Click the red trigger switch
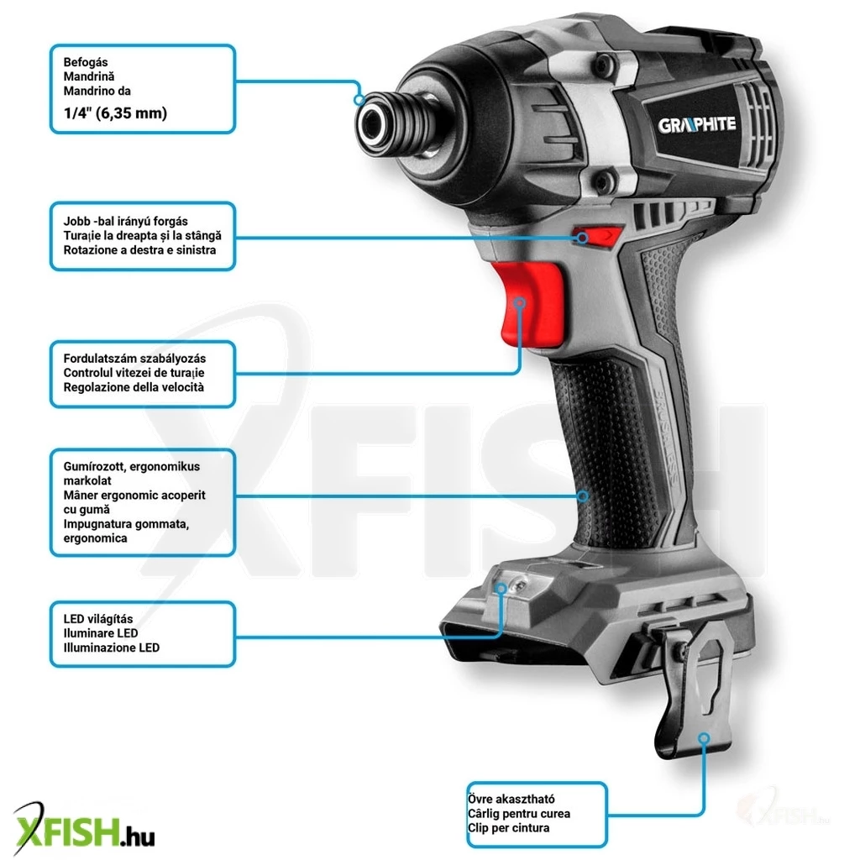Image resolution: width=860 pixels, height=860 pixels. (x=529, y=304)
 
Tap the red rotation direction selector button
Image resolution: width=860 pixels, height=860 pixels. (x=598, y=236)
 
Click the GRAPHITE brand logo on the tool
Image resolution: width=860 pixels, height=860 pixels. (x=696, y=124)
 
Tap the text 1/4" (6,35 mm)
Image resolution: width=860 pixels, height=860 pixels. (x=115, y=113)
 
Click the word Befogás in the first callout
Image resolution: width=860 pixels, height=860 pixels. (x=86, y=62)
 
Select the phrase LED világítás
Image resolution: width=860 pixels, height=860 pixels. (x=98, y=619)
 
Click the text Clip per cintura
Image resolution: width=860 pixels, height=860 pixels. (x=508, y=827)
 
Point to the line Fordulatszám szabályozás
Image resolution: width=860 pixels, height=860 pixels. (x=135, y=358)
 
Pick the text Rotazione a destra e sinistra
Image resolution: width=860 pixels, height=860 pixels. (x=140, y=250)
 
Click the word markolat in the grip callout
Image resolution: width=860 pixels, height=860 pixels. (x=87, y=480)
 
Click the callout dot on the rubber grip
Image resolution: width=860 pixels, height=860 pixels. (x=583, y=496)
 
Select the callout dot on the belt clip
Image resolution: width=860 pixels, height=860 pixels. (x=705, y=738)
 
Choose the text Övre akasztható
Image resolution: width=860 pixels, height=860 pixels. (x=511, y=800)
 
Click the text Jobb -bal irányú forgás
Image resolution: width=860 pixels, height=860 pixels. (x=126, y=221)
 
